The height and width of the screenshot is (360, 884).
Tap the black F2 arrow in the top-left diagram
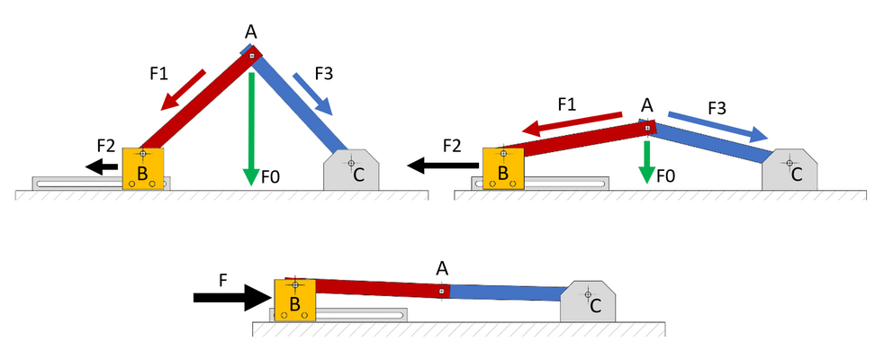(x=104, y=166)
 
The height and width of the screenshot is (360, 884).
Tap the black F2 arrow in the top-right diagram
(x=441, y=166)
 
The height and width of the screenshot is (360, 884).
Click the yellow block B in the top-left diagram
(x=143, y=168)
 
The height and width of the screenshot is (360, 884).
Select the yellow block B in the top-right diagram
(x=503, y=168)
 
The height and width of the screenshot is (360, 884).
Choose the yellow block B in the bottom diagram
(x=294, y=299)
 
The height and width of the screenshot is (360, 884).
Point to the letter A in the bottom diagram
(x=442, y=267)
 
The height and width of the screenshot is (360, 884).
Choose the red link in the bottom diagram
(x=378, y=288)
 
